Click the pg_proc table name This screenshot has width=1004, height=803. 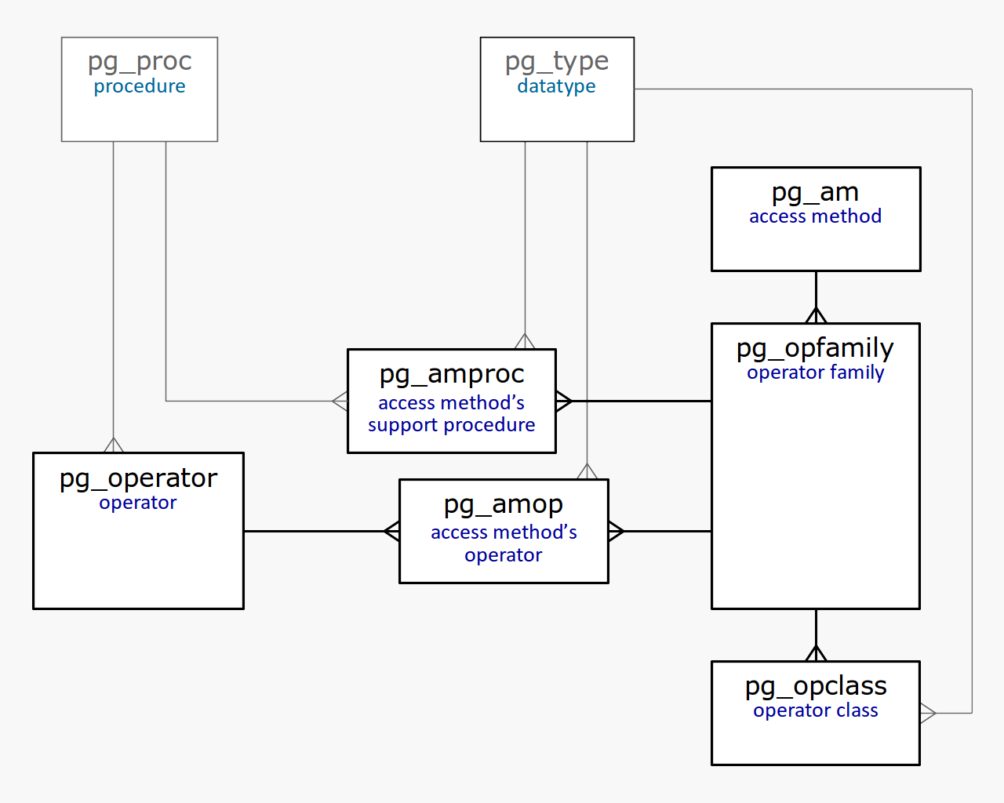[x=140, y=61]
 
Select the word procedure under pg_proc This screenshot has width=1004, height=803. [x=140, y=86]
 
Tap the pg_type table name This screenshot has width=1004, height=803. [x=557, y=61]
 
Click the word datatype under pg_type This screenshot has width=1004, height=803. [x=556, y=86]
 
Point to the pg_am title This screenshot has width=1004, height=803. [x=815, y=192]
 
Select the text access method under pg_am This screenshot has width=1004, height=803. [x=815, y=216]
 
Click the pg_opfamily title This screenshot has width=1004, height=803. [x=815, y=348]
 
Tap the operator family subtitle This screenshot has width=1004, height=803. [x=815, y=372]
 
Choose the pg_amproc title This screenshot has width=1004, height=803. [x=452, y=375]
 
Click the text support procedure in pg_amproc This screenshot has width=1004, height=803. [x=452, y=425]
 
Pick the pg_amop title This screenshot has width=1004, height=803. [x=504, y=505]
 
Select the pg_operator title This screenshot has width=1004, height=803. [x=138, y=478]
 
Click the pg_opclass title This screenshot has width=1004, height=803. [x=816, y=686]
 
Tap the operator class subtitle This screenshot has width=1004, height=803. [x=816, y=710]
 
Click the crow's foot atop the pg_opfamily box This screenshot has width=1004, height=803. [x=816, y=315]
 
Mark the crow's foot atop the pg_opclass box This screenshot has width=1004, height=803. [x=816, y=653]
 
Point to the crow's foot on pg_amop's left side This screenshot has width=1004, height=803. [x=392, y=531]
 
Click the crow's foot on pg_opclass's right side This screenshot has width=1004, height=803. [x=928, y=713]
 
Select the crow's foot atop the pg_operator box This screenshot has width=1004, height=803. [x=114, y=445]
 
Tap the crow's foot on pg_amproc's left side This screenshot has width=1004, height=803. [x=340, y=401]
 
